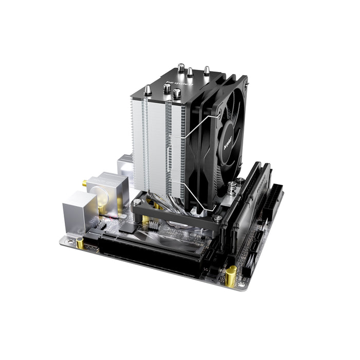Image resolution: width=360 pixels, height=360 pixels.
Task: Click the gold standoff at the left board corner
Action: point(81,242)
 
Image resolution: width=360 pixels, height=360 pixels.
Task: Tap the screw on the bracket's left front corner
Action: point(137,203)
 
